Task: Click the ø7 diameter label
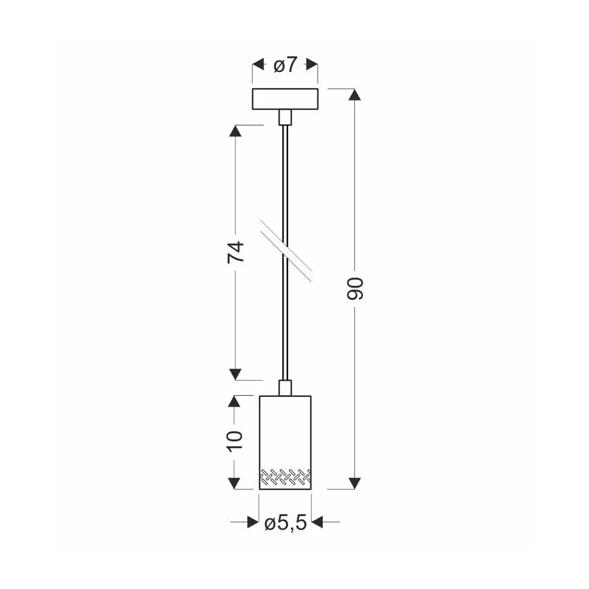tap(285, 66)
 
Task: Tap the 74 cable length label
tap(236, 252)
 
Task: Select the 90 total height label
tap(355, 289)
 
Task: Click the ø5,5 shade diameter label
tap(285, 522)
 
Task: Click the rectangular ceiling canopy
tap(285, 99)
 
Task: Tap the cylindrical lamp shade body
tap(285, 442)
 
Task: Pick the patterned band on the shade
tap(285, 476)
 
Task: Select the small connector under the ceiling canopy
tap(285, 117)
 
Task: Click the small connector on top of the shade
tap(285, 388)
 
